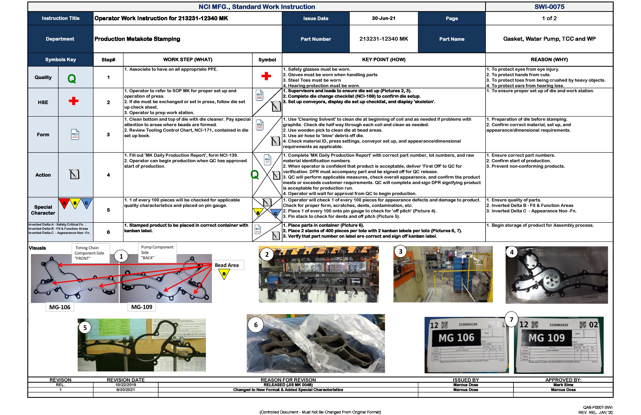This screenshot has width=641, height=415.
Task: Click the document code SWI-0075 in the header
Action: (549, 7)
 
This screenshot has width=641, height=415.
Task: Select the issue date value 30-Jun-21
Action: (383, 18)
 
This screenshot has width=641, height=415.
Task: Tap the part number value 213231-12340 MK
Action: (383, 39)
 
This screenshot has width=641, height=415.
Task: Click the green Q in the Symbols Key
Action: (72, 79)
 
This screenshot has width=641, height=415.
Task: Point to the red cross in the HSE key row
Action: (73, 101)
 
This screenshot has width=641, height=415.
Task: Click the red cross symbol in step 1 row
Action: (266, 76)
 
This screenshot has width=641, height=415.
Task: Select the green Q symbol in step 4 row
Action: (255, 175)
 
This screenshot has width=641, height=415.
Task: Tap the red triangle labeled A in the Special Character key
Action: (64, 203)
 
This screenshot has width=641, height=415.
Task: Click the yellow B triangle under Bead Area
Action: (224, 274)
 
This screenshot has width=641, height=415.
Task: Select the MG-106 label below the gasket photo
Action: (60, 307)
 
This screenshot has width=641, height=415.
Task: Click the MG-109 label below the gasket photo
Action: (142, 307)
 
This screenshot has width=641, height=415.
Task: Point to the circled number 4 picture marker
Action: (512, 252)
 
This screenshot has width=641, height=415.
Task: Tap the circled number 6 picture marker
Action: (256, 325)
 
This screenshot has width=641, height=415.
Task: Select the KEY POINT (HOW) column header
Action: (383, 60)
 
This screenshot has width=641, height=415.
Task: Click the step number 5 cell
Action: (108, 210)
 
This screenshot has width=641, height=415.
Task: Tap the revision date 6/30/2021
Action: (126, 390)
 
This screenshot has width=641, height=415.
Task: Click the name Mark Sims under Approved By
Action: (563, 385)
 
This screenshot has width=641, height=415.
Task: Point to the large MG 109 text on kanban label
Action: (547, 338)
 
